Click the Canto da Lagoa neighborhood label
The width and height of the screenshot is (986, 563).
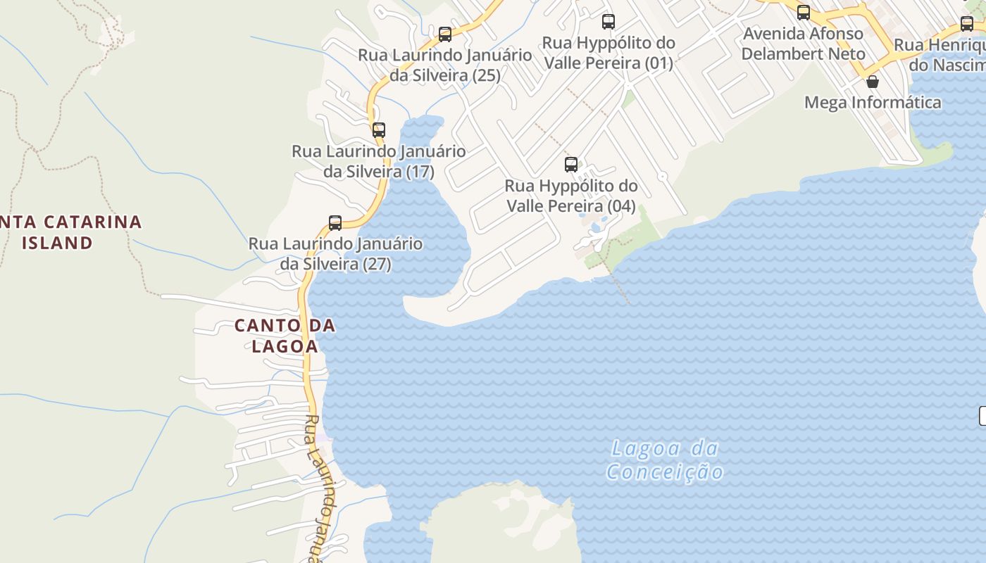285,336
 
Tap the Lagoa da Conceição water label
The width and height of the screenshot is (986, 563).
665,460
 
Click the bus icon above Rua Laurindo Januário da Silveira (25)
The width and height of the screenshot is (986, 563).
445,34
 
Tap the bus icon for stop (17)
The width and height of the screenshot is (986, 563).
379,129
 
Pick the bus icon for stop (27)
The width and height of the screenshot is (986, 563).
335,223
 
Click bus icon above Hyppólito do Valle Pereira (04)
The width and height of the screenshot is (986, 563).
571,165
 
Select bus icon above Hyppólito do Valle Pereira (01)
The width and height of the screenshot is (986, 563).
609,21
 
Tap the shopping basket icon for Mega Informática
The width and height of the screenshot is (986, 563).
873,82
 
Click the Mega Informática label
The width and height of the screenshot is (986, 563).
873,103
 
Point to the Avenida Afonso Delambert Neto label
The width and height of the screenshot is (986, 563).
803,44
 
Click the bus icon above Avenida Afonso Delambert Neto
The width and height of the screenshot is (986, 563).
804,12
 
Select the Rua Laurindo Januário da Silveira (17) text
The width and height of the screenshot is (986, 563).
379,161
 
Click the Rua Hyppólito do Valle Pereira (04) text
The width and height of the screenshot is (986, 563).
571,196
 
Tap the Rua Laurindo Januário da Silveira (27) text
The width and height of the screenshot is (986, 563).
335,253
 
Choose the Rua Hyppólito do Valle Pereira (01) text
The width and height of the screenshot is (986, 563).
609,53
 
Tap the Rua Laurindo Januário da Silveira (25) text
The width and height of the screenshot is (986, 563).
445,65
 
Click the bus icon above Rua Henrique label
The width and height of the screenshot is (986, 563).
967,23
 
